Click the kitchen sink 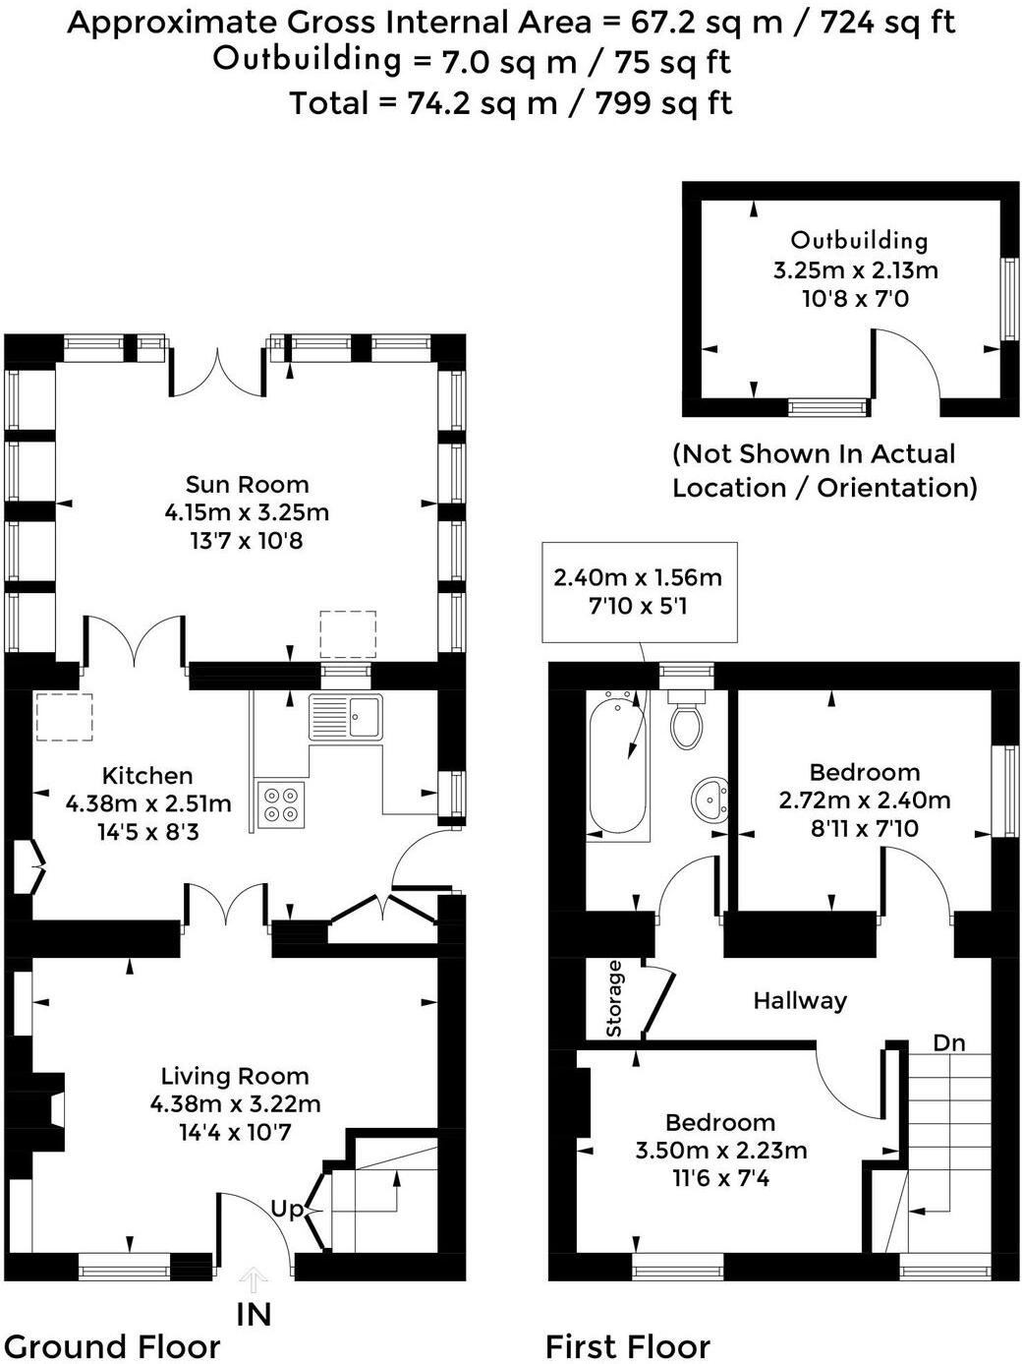pyautogui.click(x=346, y=716)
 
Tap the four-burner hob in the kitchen pyautogui.click(x=280, y=804)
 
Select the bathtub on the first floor pyautogui.click(x=617, y=763)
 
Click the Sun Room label pyautogui.click(x=247, y=484)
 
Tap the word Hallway pyautogui.click(x=799, y=1000)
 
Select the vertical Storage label pyautogui.click(x=614, y=998)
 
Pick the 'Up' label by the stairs pyautogui.click(x=287, y=1208)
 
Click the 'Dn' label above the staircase pyautogui.click(x=948, y=1042)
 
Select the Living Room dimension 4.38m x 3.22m pyautogui.click(x=235, y=1103)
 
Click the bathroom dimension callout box pyautogui.click(x=638, y=591)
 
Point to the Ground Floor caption pyautogui.click(x=112, y=1345)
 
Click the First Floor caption pyautogui.click(x=627, y=1345)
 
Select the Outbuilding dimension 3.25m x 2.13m pyautogui.click(x=855, y=269)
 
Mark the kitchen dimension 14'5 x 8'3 pyautogui.click(x=147, y=832)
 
